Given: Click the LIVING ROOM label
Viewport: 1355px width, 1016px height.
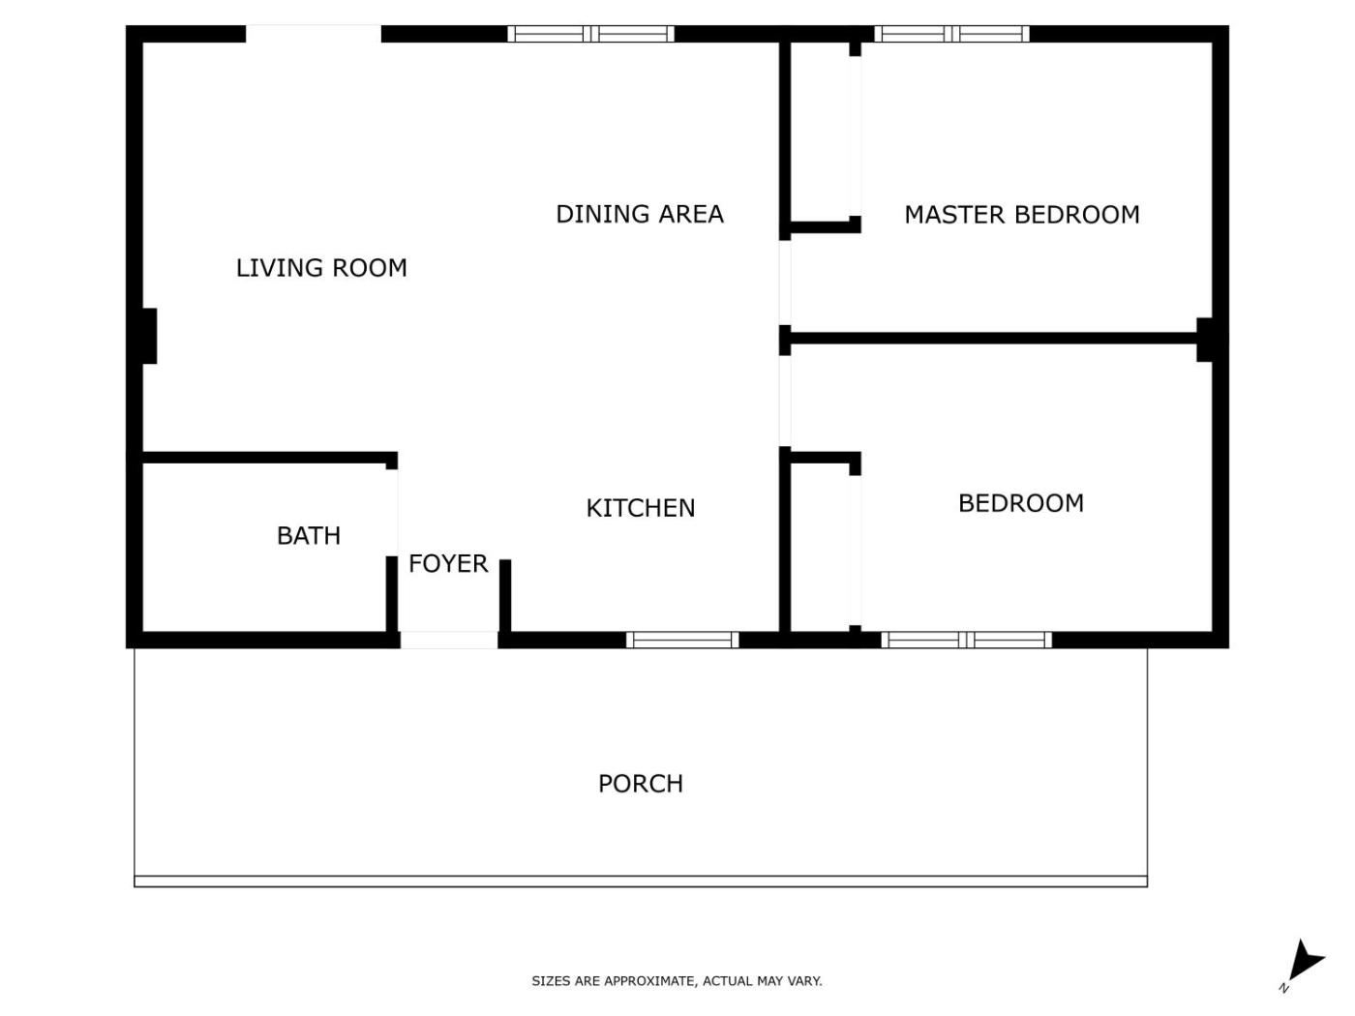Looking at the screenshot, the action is [321, 268].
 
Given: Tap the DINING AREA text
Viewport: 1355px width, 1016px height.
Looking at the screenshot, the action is [640, 214].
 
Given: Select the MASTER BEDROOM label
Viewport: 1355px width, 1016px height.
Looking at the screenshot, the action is [1022, 215].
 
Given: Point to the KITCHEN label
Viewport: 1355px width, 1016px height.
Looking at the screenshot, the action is [640, 508].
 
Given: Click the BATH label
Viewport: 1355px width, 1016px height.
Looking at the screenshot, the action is [309, 535].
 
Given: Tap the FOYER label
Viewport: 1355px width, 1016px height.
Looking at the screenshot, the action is [448, 564].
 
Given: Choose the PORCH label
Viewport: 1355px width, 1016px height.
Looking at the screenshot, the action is [640, 784].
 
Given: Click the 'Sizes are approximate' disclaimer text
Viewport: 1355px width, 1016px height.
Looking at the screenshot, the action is [677, 981].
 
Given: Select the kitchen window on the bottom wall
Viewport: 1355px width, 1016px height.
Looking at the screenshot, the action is [682, 640].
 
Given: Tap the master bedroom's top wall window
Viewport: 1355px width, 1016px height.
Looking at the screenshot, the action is [951, 34].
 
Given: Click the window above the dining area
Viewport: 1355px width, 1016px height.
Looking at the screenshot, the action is [590, 34].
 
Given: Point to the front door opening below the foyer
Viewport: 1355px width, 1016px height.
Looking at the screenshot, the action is [449, 640].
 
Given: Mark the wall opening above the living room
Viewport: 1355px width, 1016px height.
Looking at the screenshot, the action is [314, 34].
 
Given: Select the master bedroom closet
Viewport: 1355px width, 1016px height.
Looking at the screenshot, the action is [820, 132].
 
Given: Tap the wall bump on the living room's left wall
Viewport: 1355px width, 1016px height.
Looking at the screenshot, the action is [149, 336].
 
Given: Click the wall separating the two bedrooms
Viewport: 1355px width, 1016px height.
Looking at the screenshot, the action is [993, 338].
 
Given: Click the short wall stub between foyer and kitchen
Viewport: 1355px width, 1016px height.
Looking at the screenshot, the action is [505, 596].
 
